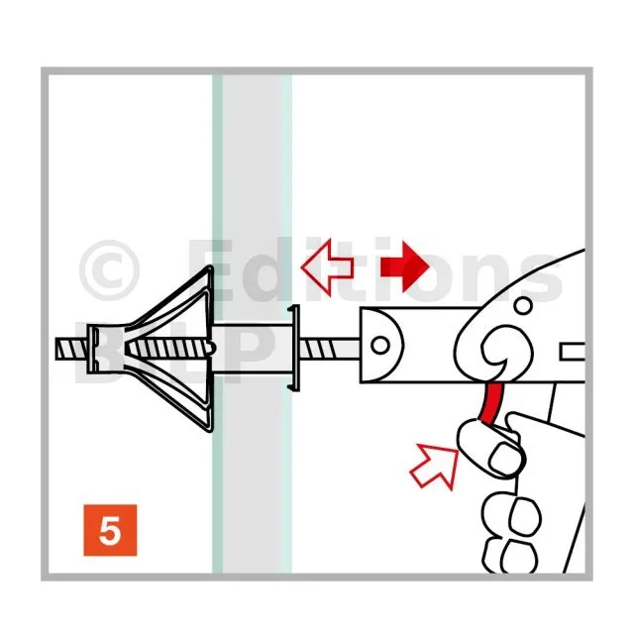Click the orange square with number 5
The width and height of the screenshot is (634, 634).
(x=110, y=530)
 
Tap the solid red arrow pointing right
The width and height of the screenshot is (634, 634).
(x=404, y=266)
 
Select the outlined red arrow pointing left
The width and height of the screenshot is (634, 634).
(x=328, y=266)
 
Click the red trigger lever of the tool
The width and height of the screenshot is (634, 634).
(x=491, y=403)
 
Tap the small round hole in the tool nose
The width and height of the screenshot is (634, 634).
(x=380, y=346)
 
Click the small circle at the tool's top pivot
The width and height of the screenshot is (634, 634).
(x=524, y=305)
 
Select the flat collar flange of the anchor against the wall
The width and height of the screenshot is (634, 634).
(x=295, y=348)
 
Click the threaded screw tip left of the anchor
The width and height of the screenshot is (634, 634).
(x=71, y=349)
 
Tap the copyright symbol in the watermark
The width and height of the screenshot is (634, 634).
(x=110, y=270)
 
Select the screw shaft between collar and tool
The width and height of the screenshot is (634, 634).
(x=330, y=349)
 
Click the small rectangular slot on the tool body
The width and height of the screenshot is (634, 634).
(x=573, y=352)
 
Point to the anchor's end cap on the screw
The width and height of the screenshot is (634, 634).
(x=94, y=349)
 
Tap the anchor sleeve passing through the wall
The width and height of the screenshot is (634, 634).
(x=251, y=349)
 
